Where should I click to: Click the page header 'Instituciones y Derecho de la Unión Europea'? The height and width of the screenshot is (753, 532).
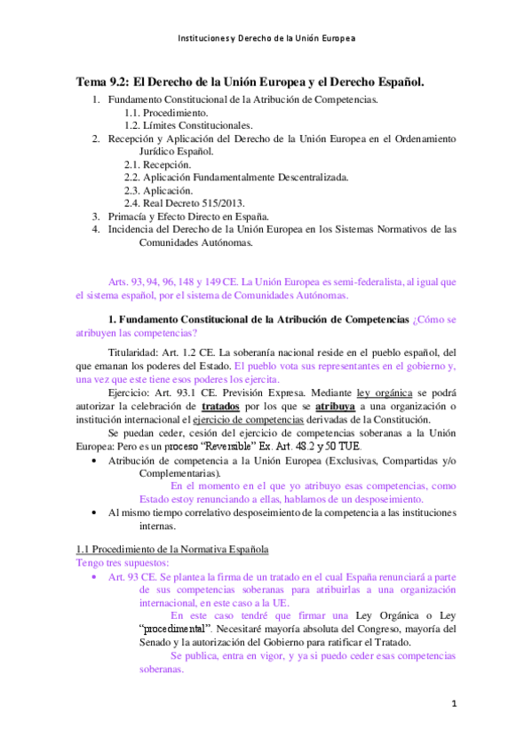(266, 39)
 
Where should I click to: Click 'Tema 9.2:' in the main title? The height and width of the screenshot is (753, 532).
(102, 82)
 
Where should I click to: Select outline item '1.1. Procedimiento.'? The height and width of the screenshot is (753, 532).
(166, 113)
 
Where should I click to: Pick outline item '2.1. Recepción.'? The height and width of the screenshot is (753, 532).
(157, 164)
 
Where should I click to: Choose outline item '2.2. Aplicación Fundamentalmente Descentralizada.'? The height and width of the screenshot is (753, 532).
(235, 177)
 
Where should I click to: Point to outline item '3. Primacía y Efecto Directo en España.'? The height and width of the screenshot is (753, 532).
(193, 216)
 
